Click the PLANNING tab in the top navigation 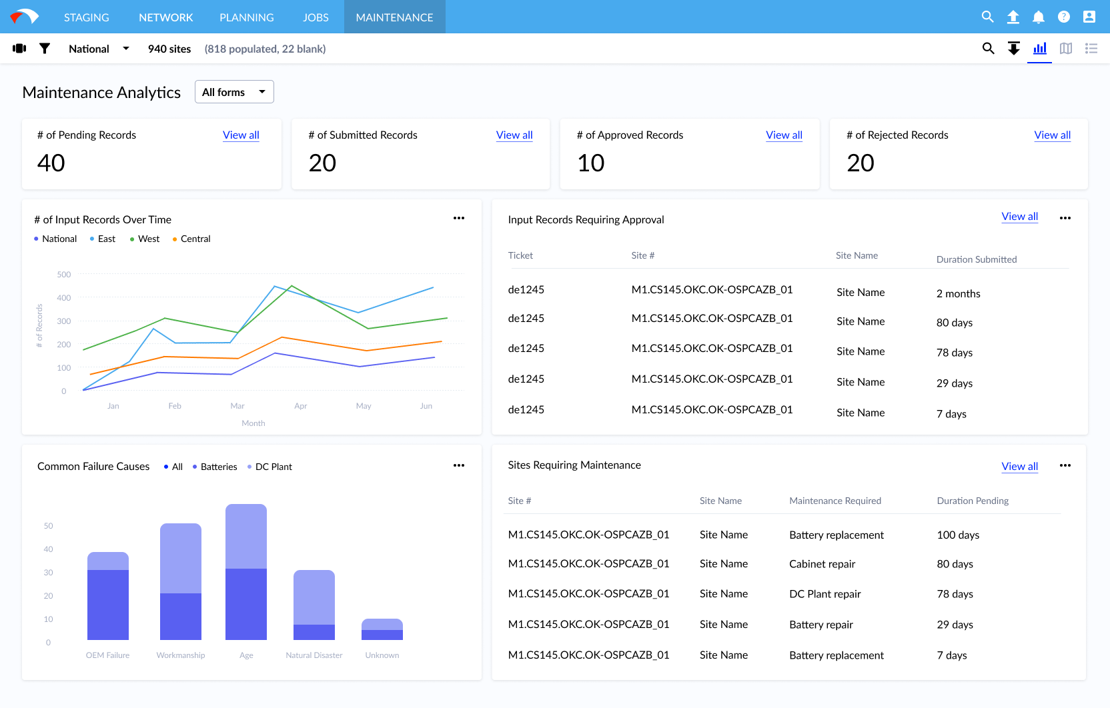(246, 17)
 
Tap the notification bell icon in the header (1038, 17)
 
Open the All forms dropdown (234, 92)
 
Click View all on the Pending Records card (241, 135)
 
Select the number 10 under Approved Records (590, 163)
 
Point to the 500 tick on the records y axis (64, 274)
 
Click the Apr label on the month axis (300, 405)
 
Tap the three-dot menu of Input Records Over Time (459, 218)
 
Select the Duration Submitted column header (976, 259)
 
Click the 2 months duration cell (958, 293)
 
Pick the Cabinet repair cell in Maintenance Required (822, 564)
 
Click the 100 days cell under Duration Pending (958, 535)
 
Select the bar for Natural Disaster (314, 605)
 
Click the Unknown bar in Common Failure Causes (382, 629)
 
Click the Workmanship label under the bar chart (180, 655)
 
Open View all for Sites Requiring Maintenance (1019, 466)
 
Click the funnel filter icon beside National (45, 49)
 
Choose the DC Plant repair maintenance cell (824, 593)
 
